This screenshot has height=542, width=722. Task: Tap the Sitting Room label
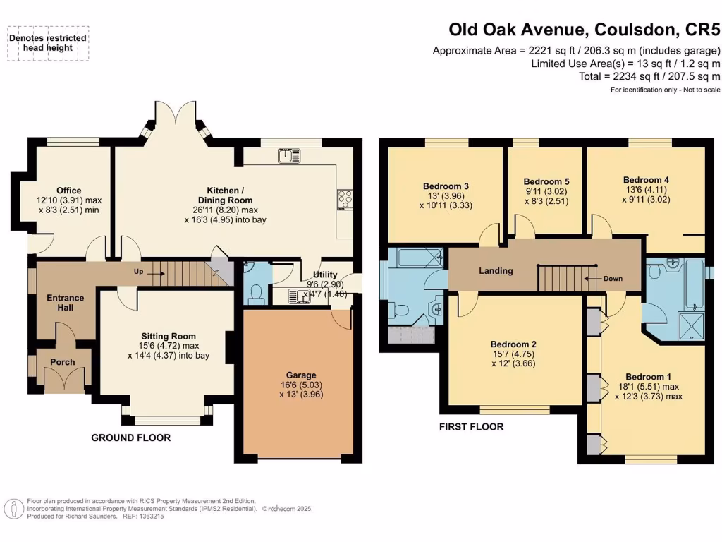(168, 336)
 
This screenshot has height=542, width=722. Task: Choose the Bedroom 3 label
(446, 186)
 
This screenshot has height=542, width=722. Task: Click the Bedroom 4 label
(646, 180)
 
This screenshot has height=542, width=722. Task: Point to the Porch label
(62, 362)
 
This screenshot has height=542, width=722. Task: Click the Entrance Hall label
(66, 303)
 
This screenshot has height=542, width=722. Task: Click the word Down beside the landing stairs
(613, 278)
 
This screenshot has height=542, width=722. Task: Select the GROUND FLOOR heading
(130, 438)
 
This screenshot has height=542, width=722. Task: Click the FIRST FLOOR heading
(471, 426)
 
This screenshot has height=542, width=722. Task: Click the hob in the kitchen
(345, 199)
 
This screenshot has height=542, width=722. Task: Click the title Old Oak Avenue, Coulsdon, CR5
(585, 30)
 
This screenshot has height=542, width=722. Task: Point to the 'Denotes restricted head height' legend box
(48, 42)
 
